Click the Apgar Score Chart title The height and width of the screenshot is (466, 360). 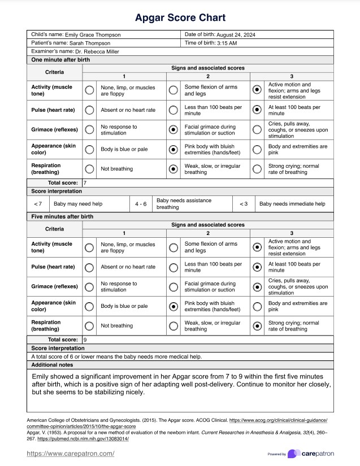pos(180,18)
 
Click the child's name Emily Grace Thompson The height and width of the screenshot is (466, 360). pos(93,35)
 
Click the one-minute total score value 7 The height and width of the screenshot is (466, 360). pos(85,183)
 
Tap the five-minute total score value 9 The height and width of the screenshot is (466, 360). pos(85,340)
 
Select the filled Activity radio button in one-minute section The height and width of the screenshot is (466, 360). pos(258,89)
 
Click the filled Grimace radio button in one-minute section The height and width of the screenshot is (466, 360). pos(173,130)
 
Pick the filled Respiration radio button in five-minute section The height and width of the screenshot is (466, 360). pos(258,326)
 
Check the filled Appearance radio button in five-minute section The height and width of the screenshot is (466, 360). pos(173,306)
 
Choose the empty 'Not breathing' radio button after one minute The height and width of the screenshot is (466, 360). pos(89,169)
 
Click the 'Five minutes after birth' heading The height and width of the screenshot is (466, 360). pos(63,216)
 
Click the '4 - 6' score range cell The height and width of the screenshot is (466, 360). pos(141,203)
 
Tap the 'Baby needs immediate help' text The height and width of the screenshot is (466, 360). pos(292,203)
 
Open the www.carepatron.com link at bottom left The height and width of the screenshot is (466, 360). pos(71,453)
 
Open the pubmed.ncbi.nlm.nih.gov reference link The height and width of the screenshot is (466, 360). pos(79,439)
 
